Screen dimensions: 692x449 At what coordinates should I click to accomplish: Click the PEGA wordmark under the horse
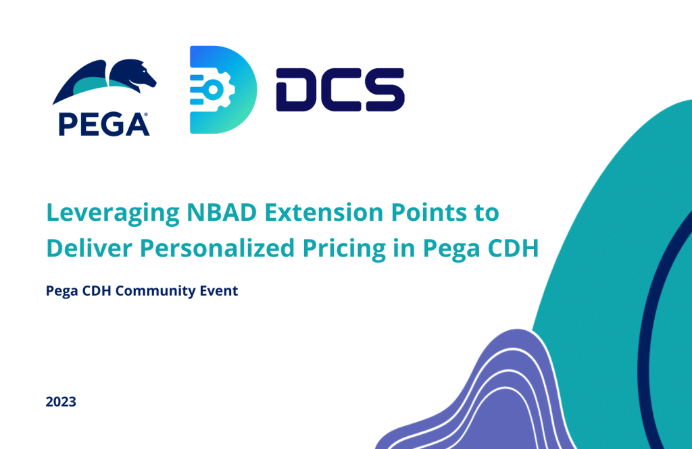tap(103, 124)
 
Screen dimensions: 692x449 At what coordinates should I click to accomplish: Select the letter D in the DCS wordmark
tap(295, 90)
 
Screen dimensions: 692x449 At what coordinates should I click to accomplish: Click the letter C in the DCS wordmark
tap(339, 90)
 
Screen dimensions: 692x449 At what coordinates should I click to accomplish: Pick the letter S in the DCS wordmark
tap(383, 90)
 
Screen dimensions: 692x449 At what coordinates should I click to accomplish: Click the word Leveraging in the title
tap(113, 213)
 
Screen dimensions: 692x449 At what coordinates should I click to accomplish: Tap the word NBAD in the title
tap(222, 212)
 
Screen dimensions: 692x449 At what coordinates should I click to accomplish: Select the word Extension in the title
tap(324, 212)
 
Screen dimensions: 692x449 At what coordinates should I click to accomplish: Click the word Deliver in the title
tap(89, 248)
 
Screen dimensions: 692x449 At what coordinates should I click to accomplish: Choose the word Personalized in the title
tap(217, 248)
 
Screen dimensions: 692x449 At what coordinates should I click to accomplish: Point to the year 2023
tap(61, 402)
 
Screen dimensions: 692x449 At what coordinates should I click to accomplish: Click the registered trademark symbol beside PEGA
tap(146, 115)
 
